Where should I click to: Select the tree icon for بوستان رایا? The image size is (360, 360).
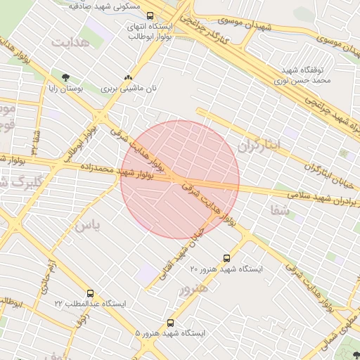66,77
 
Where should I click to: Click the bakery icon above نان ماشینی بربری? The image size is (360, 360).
128,77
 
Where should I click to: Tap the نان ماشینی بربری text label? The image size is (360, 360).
128,89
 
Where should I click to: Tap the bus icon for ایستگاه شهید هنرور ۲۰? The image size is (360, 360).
226,258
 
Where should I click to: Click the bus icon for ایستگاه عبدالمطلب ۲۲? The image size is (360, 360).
90,292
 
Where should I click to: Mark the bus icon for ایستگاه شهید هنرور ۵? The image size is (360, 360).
171,323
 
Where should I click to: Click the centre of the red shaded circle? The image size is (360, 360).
180,179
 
